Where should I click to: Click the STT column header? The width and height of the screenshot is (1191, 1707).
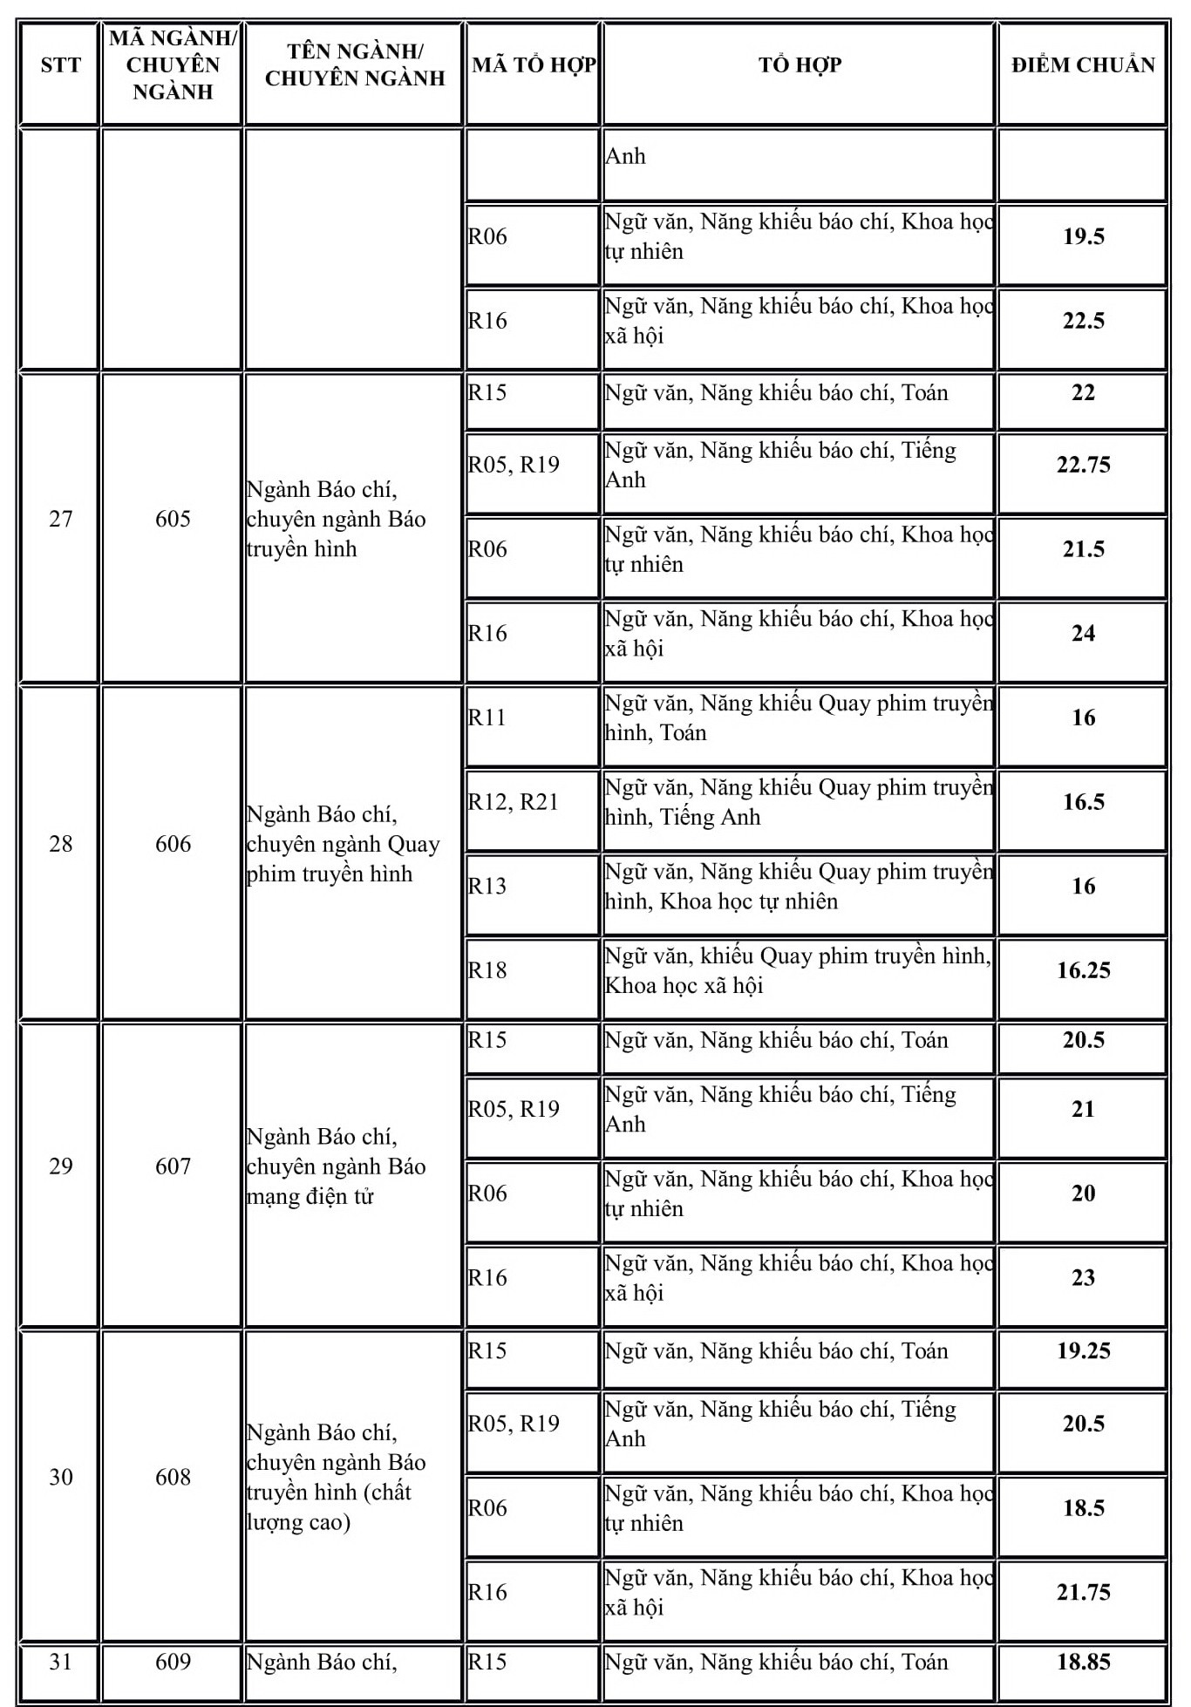coord(60,65)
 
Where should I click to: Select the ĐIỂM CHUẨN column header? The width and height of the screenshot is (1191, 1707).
coord(1083,65)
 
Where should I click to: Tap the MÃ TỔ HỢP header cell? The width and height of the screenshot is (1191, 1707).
coord(534,65)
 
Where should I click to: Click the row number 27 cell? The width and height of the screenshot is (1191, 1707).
coord(60,520)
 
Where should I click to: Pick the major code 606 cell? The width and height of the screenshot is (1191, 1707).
coord(173,844)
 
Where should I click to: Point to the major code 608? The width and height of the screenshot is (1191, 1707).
coord(173,1477)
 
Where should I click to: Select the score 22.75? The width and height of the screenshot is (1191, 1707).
coord(1083,465)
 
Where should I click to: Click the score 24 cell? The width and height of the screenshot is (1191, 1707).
coord(1083,634)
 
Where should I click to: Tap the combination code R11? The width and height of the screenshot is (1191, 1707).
coord(487,717)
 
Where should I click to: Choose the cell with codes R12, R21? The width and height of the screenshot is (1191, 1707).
coord(513,802)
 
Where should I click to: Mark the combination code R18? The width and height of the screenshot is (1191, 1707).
coord(487,970)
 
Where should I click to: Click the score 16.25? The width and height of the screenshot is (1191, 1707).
coord(1083,970)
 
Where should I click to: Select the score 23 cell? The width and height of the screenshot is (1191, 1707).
coord(1083,1278)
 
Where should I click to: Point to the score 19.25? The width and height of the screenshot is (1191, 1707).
coord(1083,1351)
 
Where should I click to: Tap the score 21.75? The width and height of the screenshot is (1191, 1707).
coord(1083,1593)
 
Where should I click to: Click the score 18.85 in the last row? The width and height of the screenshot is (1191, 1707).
coord(1083,1663)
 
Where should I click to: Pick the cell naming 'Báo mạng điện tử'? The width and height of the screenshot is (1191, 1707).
coord(336,1166)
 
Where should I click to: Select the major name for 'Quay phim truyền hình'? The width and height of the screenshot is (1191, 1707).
coord(343,844)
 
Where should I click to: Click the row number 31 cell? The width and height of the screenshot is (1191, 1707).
coord(60,1663)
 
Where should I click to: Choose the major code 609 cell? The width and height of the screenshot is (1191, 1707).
coord(173,1663)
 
